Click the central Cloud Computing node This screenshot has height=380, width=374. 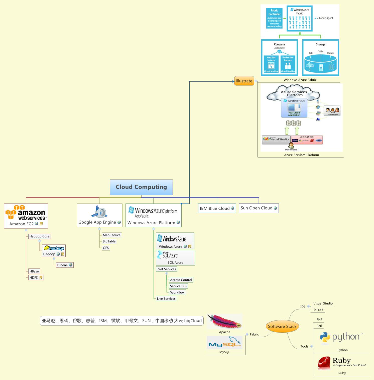click(x=141, y=187)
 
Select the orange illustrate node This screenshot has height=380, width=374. click(x=244, y=81)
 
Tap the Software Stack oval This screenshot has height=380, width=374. click(x=282, y=326)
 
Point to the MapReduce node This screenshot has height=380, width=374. click(x=112, y=235)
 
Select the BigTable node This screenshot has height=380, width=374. click(x=109, y=241)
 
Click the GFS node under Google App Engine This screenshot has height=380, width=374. click(x=106, y=248)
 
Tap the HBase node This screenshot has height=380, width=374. click(x=34, y=271)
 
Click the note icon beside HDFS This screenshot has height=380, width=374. click(x=41, y=277)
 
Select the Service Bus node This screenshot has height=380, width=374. click(x=178, y=286)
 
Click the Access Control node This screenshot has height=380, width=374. click(x=181, y=280)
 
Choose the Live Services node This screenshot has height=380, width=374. click(x=166, y=298)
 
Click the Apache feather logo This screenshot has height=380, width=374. click(x=224, y=321)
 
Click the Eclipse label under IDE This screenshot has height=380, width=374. click(x=318, y=309)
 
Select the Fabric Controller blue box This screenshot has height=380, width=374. click(x=274, y=18)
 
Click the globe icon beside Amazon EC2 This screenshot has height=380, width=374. click(x=37, y=224)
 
